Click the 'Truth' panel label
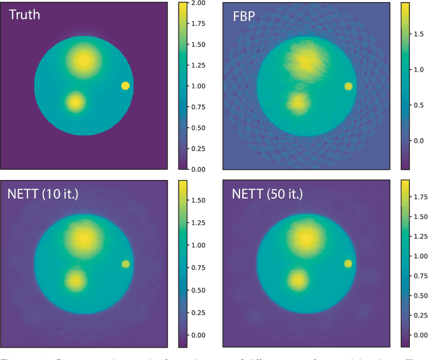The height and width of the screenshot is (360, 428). click(x=25, y=14)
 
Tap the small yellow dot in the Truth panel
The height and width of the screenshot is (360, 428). click(x=126, y=86)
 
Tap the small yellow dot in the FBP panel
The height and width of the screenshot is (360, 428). click(x=348, y=86)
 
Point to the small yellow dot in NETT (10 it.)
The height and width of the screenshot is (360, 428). click(x=126, y=264)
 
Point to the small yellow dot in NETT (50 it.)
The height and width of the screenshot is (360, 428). click(x=348, y=264)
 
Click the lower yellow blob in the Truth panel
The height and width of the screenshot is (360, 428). click(x=76, y=102)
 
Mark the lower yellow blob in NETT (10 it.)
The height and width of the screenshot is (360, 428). click(x=76, y=280)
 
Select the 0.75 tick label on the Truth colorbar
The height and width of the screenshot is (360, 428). click(x=198, y=107)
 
